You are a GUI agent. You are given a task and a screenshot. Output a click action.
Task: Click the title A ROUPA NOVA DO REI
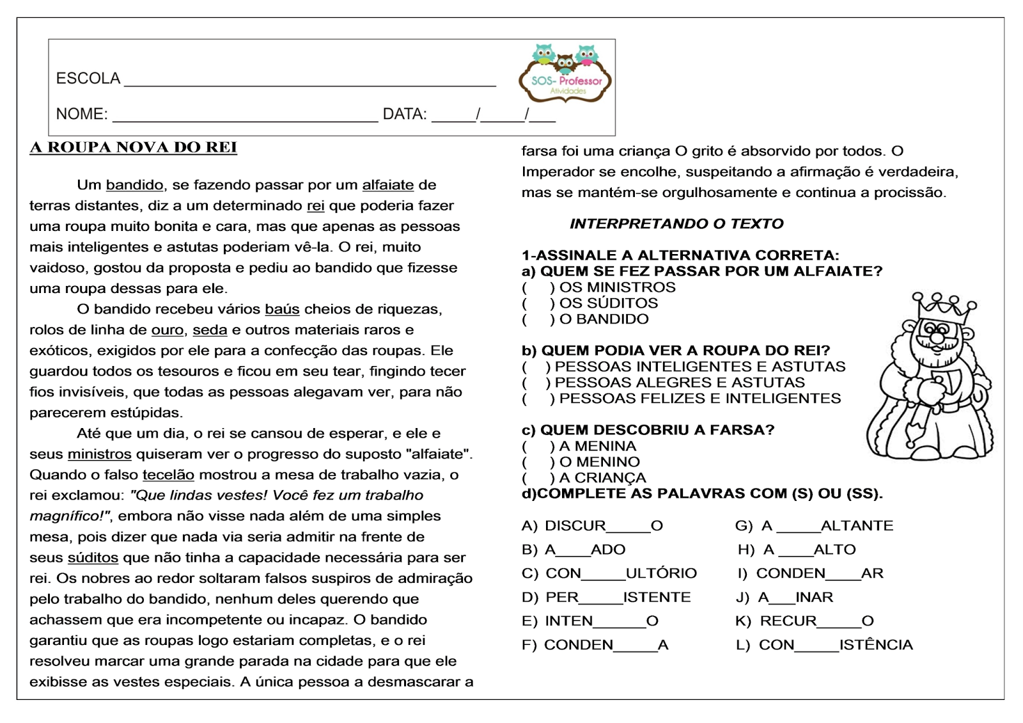pos(133,148)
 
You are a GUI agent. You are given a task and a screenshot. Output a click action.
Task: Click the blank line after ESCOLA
pos(309,81)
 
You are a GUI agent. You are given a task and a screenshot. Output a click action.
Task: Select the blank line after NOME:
pos(245,116)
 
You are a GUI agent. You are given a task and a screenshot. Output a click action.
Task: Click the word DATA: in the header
pos(404,115)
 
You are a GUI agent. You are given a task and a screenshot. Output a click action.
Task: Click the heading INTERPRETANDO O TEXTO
pos(676,224)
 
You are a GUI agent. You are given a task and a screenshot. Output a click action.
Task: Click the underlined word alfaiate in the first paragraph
pos(388,186)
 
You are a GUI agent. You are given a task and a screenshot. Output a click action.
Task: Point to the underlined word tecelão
pos(168,475)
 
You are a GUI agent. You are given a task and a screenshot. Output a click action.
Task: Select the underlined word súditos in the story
pos(93,558)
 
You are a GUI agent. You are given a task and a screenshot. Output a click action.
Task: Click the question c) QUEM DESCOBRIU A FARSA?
pos(648,430)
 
